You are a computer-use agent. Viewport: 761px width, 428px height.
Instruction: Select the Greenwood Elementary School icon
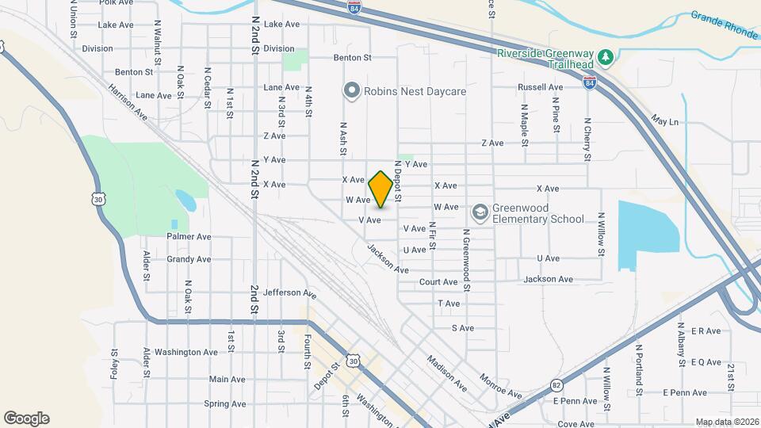[480, 212]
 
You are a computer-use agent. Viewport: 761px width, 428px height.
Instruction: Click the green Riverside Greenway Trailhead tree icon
[606, 55]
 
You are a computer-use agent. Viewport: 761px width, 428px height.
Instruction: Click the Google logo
[26, 418]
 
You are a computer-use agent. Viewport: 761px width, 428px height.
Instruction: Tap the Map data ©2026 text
[727, 422]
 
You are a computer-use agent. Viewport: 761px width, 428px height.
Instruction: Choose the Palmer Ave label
[189, 236]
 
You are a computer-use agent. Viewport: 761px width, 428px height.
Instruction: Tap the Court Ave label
[438, 281]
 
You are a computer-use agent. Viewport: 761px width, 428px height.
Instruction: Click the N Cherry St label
[587, 139]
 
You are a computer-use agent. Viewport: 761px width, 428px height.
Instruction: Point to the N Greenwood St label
[467, 262]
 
